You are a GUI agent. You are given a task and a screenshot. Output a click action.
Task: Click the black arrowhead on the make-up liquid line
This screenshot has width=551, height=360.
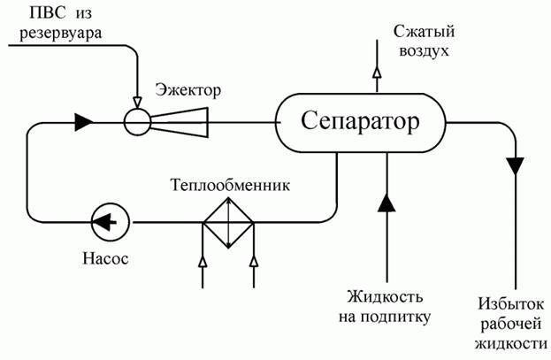[x=386, y=203]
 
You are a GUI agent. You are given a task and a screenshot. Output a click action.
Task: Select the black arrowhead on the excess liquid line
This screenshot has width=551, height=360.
[x=516, y=165]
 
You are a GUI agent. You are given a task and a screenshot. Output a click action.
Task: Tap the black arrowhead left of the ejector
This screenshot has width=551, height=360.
[x=82, y=121]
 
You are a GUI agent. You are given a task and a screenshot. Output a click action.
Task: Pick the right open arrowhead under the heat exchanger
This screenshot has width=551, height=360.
[x=254, y=261]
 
